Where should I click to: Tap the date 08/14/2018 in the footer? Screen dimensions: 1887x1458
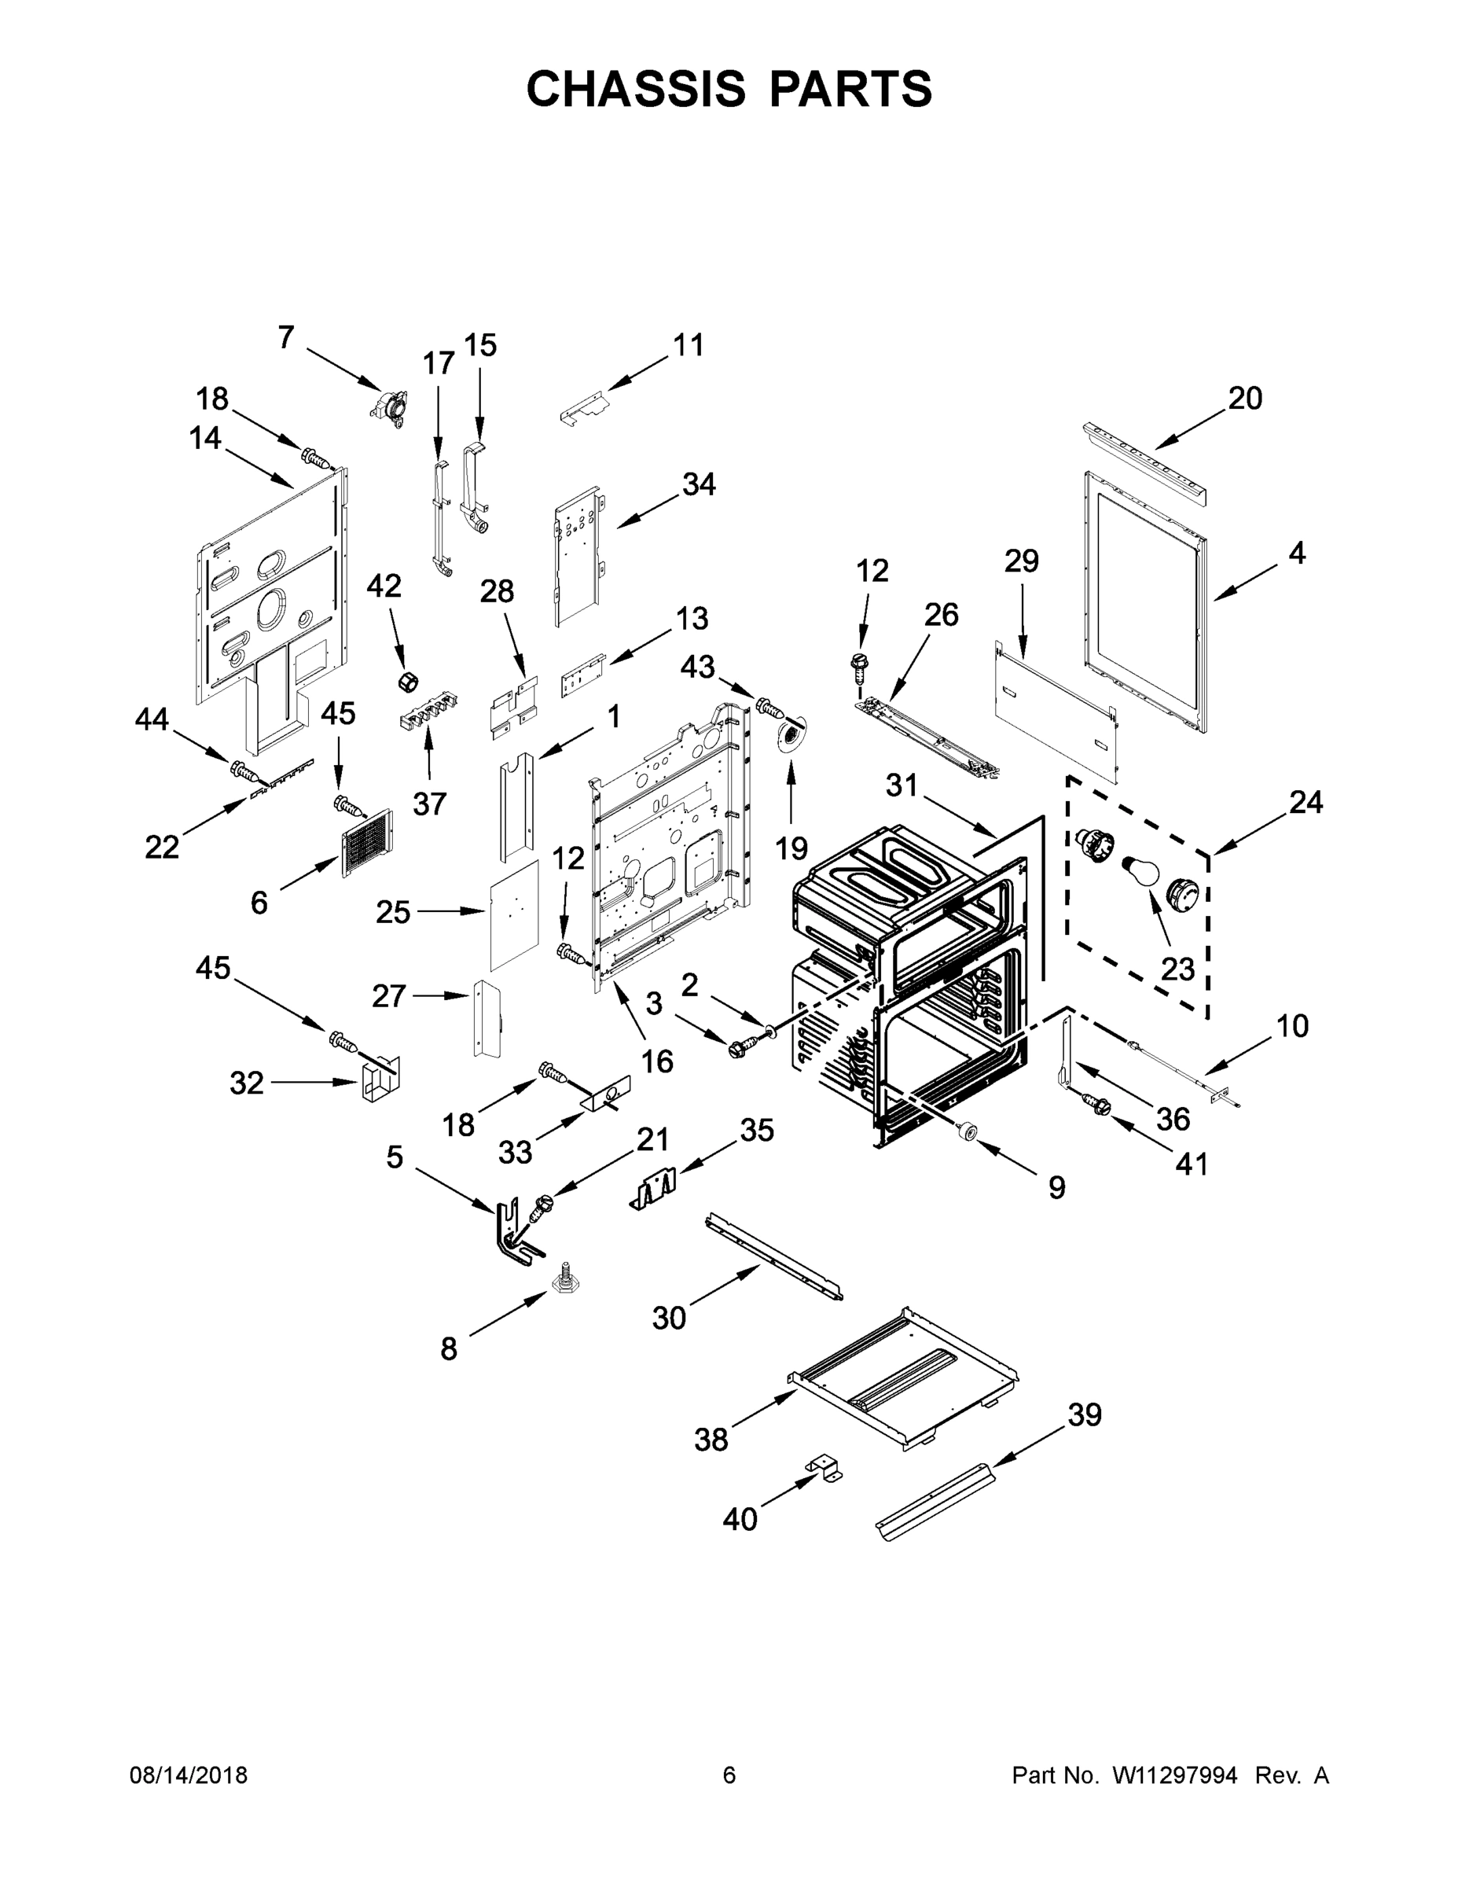189,1775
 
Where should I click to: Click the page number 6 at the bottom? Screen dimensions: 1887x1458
729,1775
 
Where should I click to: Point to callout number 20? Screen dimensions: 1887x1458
1245,399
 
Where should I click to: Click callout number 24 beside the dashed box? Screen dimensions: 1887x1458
1305,803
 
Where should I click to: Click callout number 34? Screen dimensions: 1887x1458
699,484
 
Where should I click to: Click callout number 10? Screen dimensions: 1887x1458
1292,1025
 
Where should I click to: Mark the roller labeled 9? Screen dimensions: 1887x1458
965,1132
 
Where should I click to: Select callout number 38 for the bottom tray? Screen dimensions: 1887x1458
711,1440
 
